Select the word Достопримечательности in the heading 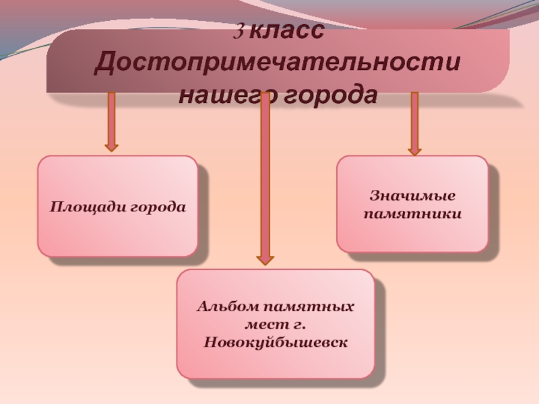pyautogui.click(x=278, y=63)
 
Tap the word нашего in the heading pyautogui.click(x=222, y=95)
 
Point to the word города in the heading pyautogui.click(x=328, y=95)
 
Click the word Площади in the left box pyautogui.click(x=79, y=206)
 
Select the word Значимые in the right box pyautogui.click(x=412, y=196)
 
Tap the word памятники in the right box pyautogui.click(x=412, y=214)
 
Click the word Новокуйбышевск pyautogui.click(x=276, y=343)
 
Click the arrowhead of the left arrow pyautogui.click(x=111, y=144)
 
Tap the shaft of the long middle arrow pyautogui.click(x=265, y=175)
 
